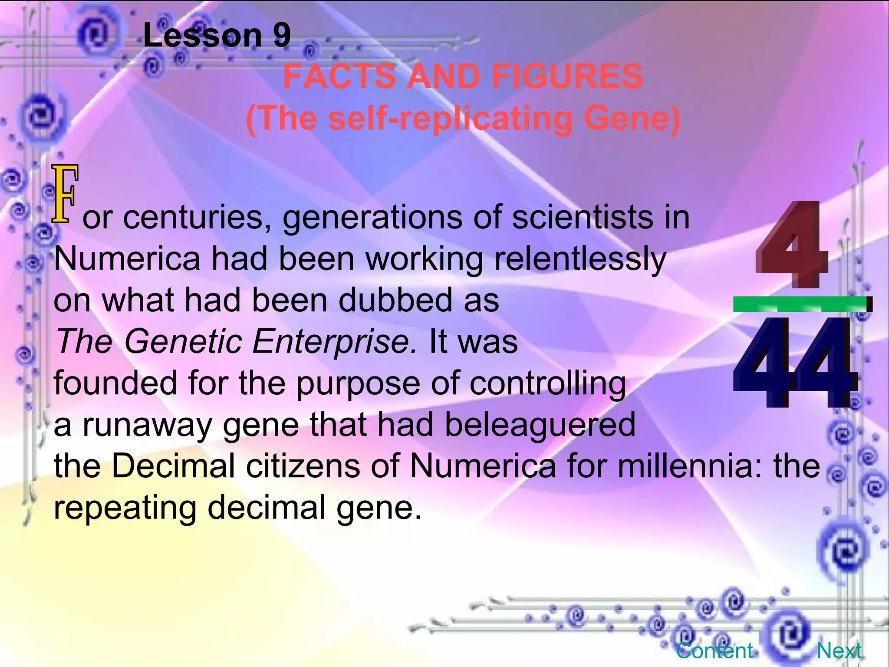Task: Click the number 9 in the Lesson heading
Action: (282, 36)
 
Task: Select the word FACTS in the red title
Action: (339, 76)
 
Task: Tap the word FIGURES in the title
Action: (567, 76)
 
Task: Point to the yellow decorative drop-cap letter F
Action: (65, 194)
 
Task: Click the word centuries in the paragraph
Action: (194, 217)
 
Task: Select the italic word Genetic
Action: (183, 342)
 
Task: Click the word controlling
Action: (548, 383)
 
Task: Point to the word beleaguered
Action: (540, 425)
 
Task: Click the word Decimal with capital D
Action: (173, 466)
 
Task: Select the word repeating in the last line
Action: (125, 508)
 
